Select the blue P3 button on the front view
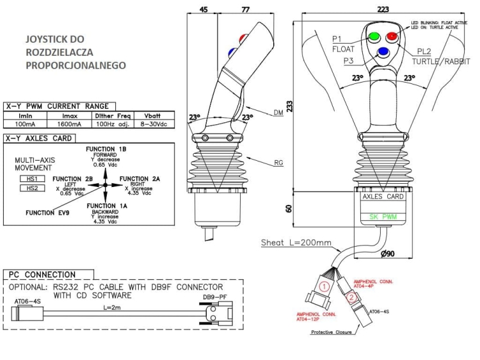tap(383, 52)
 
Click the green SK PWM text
tap(383, 217)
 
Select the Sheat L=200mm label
tap(296, 243)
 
